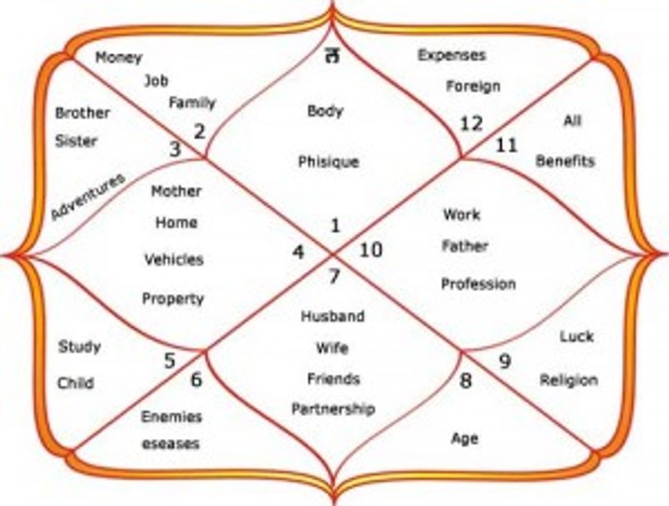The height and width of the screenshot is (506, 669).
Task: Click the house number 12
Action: (471, 124)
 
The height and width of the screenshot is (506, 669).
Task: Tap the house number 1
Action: (336, 225)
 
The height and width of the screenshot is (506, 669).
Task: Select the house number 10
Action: (370, 249)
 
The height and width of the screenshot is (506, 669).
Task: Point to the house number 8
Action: (466, 381)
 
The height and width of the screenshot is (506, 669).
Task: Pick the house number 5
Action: (170, 361)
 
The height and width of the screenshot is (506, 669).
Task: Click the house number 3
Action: (175, 150)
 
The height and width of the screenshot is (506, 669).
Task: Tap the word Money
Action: (119, 57)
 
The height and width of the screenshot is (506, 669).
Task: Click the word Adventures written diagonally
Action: (88, 197)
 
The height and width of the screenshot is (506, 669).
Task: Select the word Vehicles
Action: (174, 259)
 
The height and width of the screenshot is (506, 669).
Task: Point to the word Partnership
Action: (333, 409)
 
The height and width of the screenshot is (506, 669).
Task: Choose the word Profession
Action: (478, 284)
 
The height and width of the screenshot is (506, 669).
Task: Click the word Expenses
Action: (452, 55)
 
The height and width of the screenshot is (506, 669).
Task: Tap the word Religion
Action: (569, 381)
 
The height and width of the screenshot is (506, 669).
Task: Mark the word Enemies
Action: (171, 417)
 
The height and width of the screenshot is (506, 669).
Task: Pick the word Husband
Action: (333, 316)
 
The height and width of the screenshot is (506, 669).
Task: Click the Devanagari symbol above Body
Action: (332, 55)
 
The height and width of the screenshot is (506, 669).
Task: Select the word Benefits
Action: (565, 161)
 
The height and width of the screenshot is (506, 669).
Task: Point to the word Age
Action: (465, 438)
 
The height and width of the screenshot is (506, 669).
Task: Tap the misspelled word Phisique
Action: (329, 162)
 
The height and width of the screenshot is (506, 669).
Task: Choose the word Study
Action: (79, 346)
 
